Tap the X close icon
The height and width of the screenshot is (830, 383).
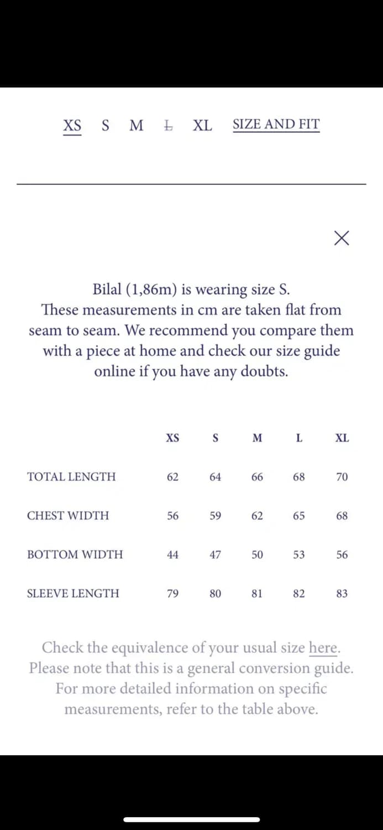(x=342, y=238)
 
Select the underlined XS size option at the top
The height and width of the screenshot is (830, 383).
(x=72, y=125)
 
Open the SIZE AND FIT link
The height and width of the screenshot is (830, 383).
(x=276, y=124)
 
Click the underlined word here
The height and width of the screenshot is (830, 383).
(x=323, y=647)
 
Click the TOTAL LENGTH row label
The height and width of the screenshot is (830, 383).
(x=71, y=476)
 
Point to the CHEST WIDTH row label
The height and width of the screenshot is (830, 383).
(x=68, y=516)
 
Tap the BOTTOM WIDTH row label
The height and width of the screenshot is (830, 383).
(x=75, y=554)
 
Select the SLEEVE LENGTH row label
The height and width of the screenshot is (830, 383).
(x=73, y=593)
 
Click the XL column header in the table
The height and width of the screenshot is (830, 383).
(x=342, y=438)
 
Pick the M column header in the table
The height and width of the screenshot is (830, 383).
(x=257, y=438)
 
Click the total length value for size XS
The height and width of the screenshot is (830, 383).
(x=172, y=477)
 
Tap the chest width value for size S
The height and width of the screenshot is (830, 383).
(x=216, y=516)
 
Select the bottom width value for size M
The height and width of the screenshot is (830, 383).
(x=257, y=554)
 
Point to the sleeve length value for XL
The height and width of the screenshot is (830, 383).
(x=342, y=594)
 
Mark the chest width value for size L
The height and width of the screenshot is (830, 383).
(x=299, y=516)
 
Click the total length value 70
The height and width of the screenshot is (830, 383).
(x=342, y=477)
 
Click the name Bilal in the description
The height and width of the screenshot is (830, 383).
(x=107, y=289)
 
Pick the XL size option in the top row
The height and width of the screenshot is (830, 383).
(x=202, y=126)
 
